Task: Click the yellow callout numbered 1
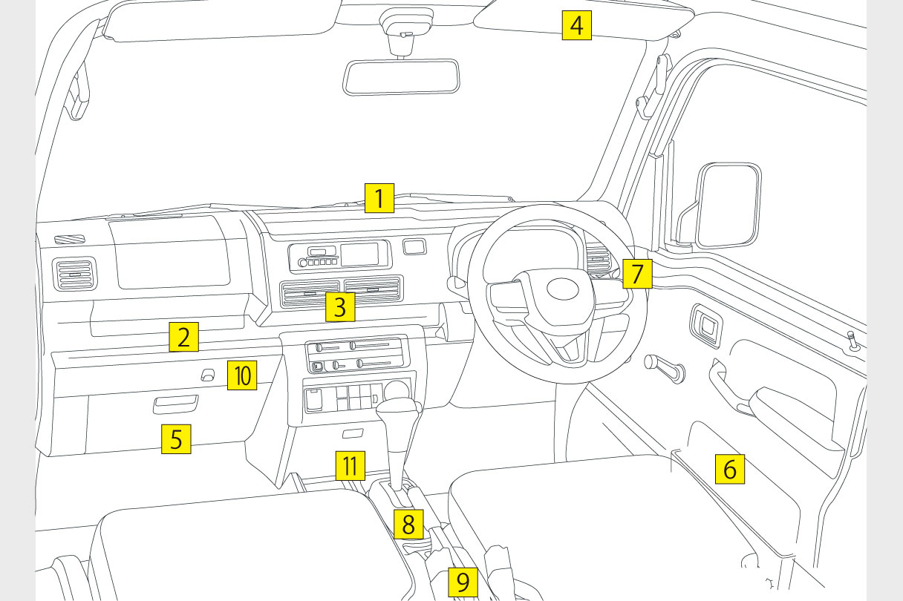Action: click(x=379, y=199)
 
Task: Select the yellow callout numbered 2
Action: click(x=183, y=336)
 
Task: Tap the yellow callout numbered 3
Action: click(x=339, y=306)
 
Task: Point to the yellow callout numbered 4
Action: click(x=576, y=26)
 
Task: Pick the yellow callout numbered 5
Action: click(x=176, y=439)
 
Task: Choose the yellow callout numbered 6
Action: click(x=729, y=469)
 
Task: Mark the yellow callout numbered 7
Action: click(x=637, y=273)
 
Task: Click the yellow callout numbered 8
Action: click(x=408, y=524)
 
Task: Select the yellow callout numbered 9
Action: click(x=463, y=582)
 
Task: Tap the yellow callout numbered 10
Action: click(x=242, y=375)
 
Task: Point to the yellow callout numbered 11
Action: click(x=350, y=466)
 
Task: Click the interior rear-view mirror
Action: click(x=401, y=77)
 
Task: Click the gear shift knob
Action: click(x=400, y=412)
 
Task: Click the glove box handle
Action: click(x=175, y=404)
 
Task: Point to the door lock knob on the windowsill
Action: click(x=853, y=342)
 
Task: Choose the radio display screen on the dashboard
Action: click(x=364, y=254)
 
